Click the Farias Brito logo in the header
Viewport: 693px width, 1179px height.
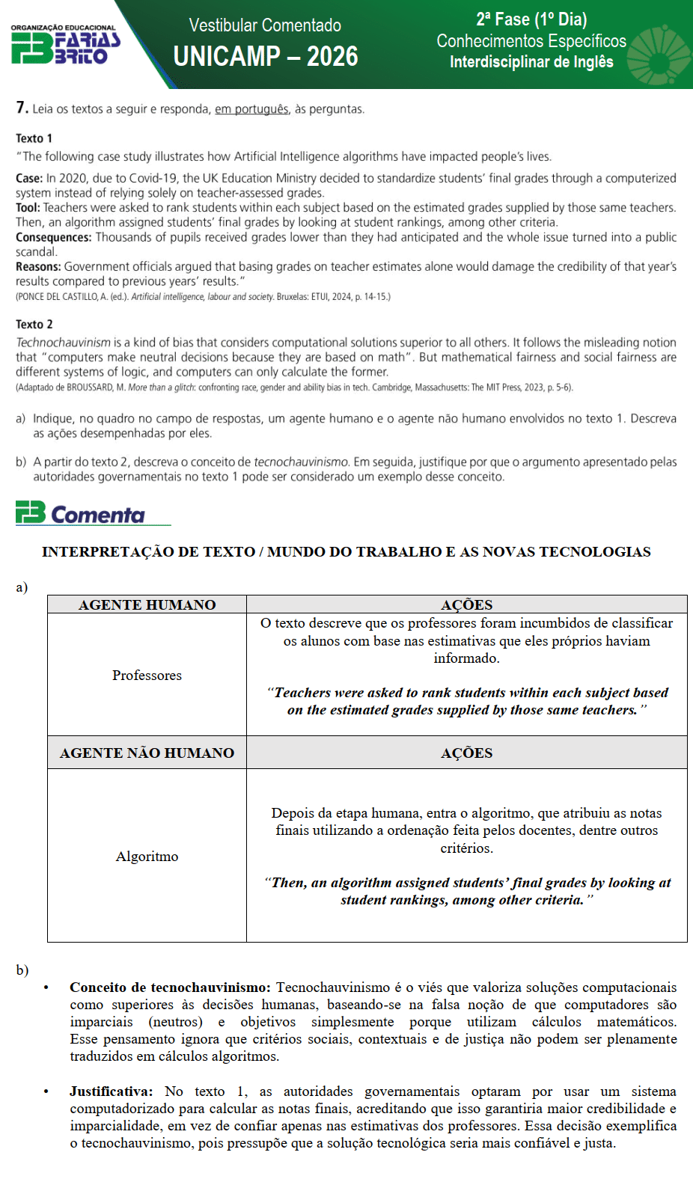coord(65,46)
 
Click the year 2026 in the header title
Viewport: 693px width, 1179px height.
coord(332,56)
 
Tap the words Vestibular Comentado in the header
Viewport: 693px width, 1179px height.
coord(265,25)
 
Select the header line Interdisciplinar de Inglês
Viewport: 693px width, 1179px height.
coord(531,62)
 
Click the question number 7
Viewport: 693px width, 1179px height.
coord(22,108)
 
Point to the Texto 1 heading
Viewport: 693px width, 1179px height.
coord(34,138)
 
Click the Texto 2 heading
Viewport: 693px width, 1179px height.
coord(34,324)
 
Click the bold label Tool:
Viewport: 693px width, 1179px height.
coord(28,207)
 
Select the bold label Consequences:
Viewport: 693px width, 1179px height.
coord(54,237)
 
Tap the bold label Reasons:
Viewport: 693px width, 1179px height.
coord(38,266)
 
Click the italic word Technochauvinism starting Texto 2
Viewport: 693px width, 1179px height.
coord(63,342)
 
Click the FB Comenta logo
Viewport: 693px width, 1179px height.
coord(81,514)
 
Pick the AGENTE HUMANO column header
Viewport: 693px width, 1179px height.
coord(147,604)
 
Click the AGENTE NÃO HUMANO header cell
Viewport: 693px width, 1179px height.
coord(147,753)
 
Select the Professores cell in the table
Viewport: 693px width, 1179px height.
coord(147,676)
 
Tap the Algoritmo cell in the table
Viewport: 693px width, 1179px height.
coord(147,857)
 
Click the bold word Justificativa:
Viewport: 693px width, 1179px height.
coord(111,1091)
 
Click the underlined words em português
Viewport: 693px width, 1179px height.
coord(251,109)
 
